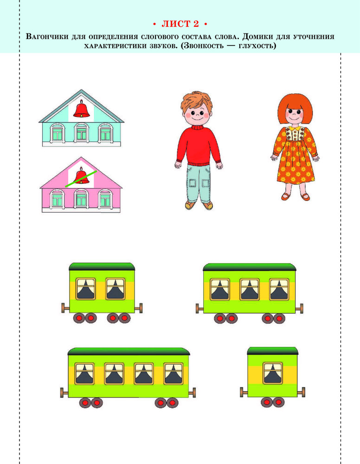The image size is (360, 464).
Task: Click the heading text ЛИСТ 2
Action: coord(180,24)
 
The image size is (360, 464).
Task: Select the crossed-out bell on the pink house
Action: coord(81,177)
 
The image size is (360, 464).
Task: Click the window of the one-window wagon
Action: coord(272,373)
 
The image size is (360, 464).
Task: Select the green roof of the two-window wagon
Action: coord(102,267)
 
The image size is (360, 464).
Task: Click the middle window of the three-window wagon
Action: coord(250,289)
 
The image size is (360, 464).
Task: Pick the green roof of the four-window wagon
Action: coord(129,352)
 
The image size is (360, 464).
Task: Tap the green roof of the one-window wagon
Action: coord(272,351)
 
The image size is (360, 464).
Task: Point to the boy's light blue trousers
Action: coord(199,183)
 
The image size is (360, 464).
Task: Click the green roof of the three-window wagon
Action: coord(250,267)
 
